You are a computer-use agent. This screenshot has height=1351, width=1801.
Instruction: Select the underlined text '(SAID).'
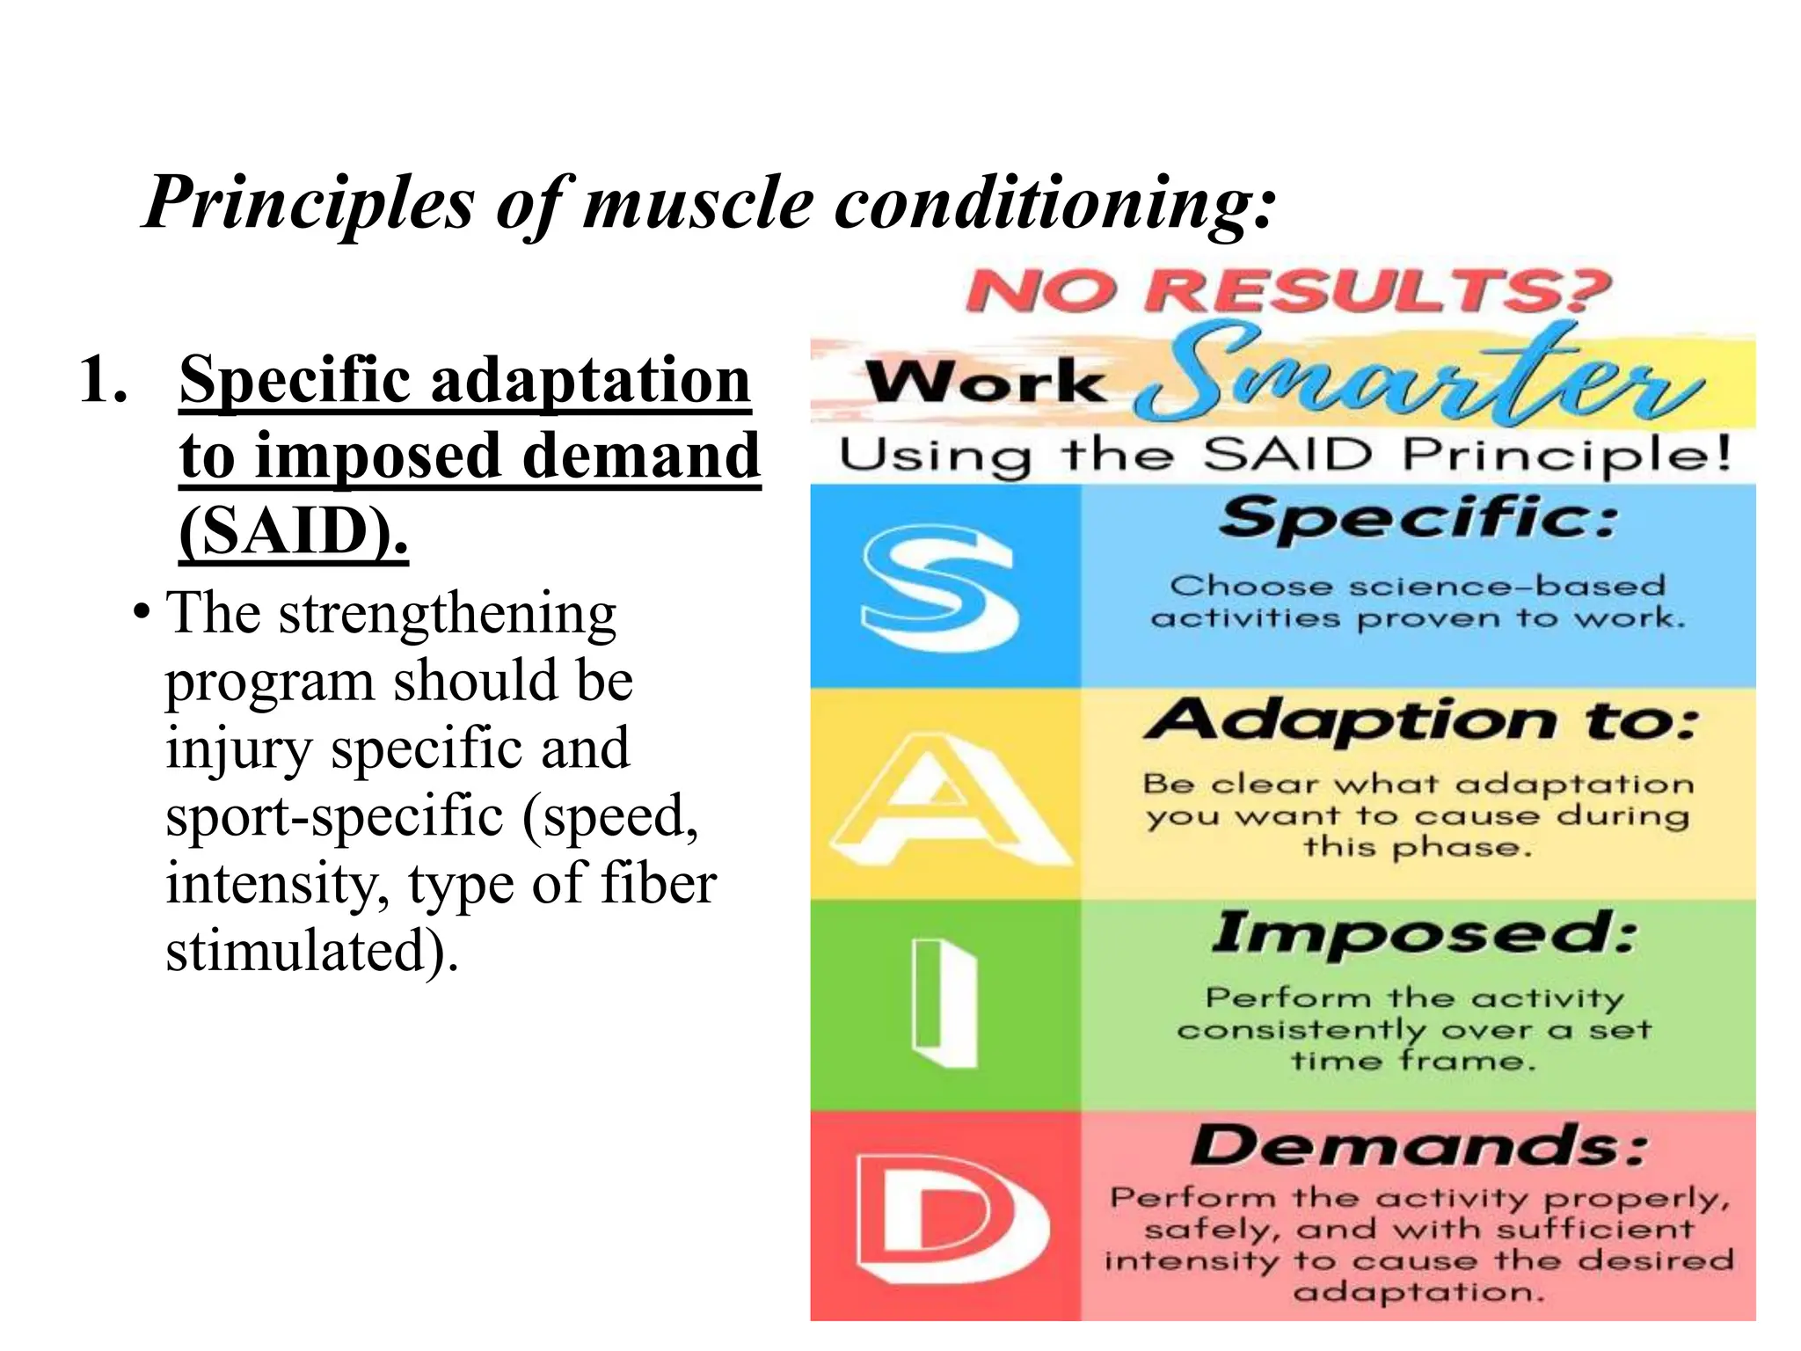294,531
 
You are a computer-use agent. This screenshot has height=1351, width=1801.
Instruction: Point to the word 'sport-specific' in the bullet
334,815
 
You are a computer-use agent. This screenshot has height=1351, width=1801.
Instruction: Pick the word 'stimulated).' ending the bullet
312,951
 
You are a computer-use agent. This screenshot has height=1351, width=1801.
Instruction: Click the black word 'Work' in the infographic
985,383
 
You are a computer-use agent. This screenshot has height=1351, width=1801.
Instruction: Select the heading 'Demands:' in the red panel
1418,1145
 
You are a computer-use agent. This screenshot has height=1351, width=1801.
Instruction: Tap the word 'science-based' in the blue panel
1507,586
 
